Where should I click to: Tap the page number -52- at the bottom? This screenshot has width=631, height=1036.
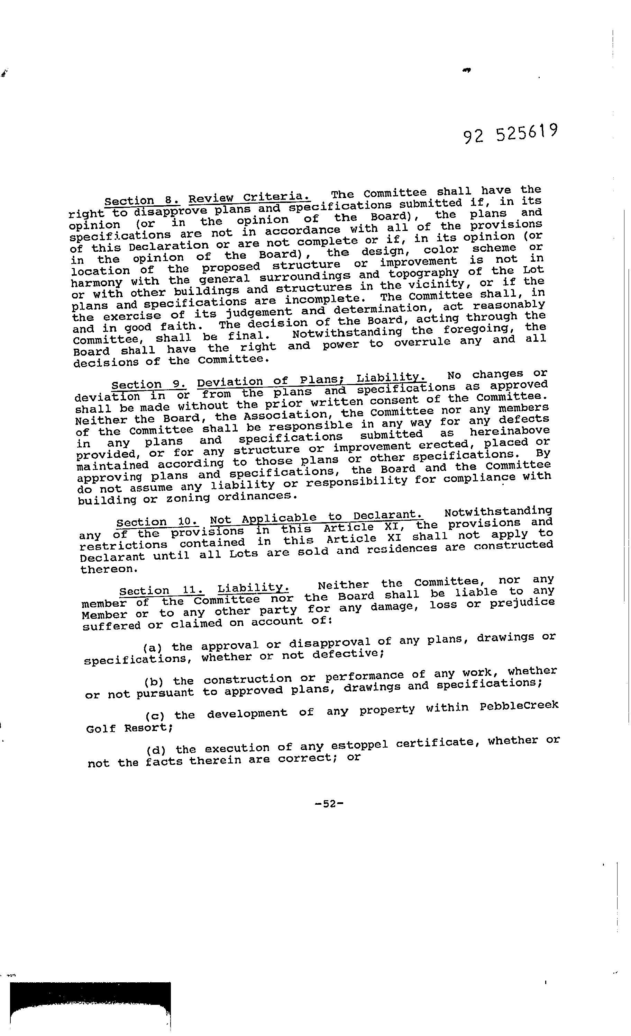tap(329, 803)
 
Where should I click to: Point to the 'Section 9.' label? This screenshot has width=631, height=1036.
tap(149, 384)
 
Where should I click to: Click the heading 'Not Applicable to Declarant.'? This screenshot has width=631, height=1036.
tap(316, 518)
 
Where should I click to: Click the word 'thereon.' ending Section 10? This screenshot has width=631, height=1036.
tap(102, 569)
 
